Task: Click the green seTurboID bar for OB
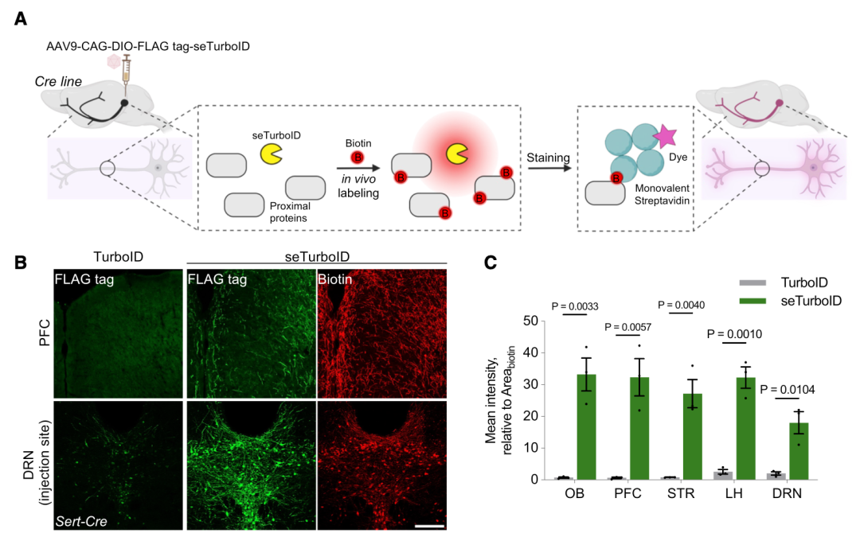click(586, 427)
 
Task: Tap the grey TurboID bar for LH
click(723, 476)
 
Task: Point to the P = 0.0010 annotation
click(734, 333)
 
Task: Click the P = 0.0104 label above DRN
click(787, 390)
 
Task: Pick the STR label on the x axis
click(681, 493)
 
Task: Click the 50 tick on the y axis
click(530, 321)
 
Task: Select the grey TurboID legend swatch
click(752, 282)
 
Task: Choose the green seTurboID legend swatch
click(752, 301)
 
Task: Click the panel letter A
click(21, 18)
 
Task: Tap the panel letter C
click(491, 263)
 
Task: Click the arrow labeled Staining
click(549, 168)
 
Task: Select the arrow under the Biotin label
click(358, 169)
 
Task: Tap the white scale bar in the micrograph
click(429, 526)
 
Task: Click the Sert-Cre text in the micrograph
click(81, 521)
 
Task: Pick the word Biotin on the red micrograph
click(335, 279)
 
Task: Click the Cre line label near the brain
click(58, 82)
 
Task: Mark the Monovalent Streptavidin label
click(662, 195)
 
